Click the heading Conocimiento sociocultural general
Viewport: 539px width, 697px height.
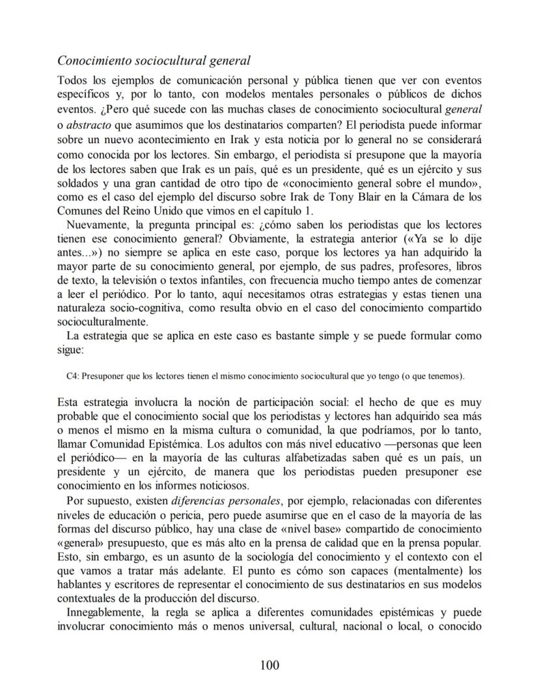point(154,61)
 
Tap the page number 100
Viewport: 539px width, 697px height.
point(269,664)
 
